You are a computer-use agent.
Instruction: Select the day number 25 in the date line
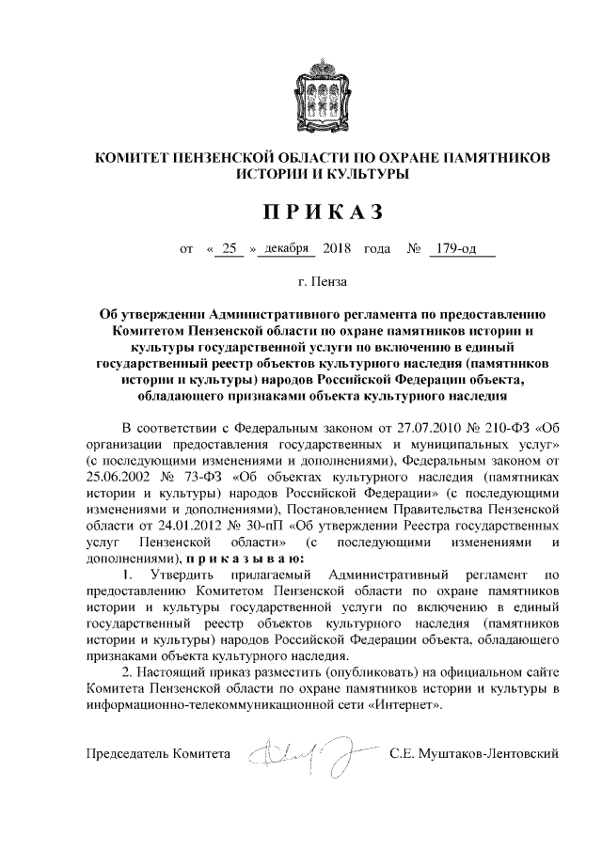click(x=229, y=250)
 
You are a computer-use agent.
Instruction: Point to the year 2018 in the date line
click(x=335, y=250)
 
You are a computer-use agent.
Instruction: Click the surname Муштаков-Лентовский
click(x=474, y=754)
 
